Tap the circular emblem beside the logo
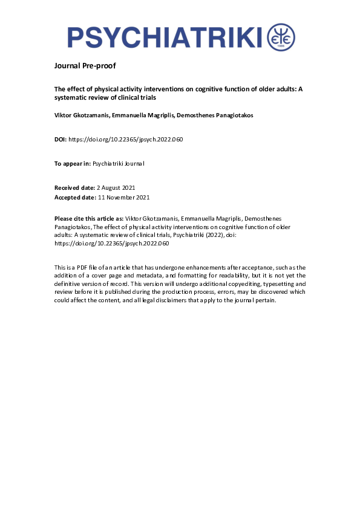281,37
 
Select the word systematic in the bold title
71,97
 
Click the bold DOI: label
61,140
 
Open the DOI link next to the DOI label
125,140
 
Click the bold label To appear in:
73,164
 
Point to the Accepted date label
75,197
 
